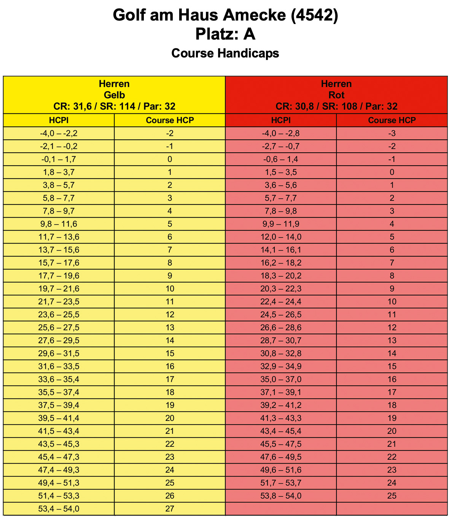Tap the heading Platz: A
pos(225,34)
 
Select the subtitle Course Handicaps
pos(225,53)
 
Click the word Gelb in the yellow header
pos(114,95)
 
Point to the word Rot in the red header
pos(336,95)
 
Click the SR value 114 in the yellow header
pos(127,107)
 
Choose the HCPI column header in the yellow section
pos(59,120)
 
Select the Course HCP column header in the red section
pos(392,120)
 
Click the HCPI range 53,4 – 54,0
pos(59,509)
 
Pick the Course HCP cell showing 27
pos(170,509)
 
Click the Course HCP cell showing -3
pos(392,133)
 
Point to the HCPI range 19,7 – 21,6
pos(59,288)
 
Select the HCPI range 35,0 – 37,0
pos(281,379)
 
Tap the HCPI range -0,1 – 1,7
pos(59,159)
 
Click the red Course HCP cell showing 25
pos(392,496)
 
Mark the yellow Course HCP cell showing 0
pos(170,159)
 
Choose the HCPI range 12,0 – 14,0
pos(281,237)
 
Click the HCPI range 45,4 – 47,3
pos(59,457)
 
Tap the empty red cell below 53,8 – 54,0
pos(281,509)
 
